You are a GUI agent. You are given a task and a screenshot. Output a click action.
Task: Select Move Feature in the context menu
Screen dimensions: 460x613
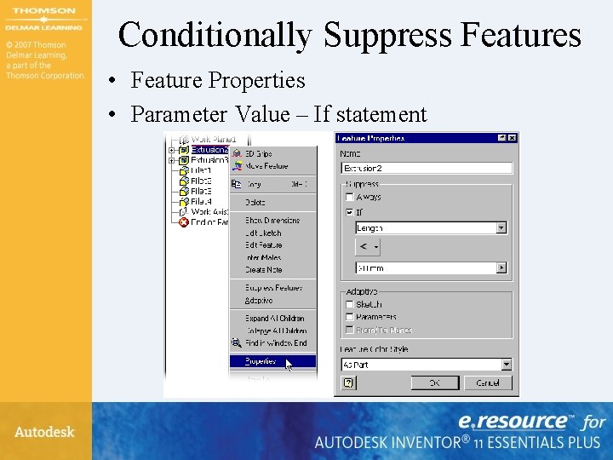tap(266, 166)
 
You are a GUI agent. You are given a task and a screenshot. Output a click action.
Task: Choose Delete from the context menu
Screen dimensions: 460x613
tap(255, 202)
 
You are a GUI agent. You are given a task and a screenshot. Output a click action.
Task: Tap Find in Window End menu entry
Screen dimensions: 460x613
tap(276, 342)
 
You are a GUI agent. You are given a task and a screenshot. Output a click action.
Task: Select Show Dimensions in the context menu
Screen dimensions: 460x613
tap(272, 220)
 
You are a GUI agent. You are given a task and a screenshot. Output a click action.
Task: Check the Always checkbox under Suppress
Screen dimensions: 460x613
tap(349, 197)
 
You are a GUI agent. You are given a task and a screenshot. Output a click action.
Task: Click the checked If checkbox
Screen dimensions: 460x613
tap(349, 211)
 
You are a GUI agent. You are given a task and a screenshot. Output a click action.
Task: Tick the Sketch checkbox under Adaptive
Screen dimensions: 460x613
tap(349, 304)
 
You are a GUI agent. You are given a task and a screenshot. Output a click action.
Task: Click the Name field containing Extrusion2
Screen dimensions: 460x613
tap(426, 168)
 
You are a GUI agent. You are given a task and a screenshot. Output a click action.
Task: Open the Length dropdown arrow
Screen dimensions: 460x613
tap(501, 227)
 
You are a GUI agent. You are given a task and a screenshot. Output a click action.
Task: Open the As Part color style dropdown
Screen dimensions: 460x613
tap(506, 365)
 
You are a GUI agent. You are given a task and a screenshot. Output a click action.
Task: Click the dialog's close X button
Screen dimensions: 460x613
tap(513, 138)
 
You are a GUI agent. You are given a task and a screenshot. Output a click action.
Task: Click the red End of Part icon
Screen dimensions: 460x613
tap(183, 222)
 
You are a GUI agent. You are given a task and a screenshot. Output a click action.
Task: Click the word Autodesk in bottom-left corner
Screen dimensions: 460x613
tap(44, 432)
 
